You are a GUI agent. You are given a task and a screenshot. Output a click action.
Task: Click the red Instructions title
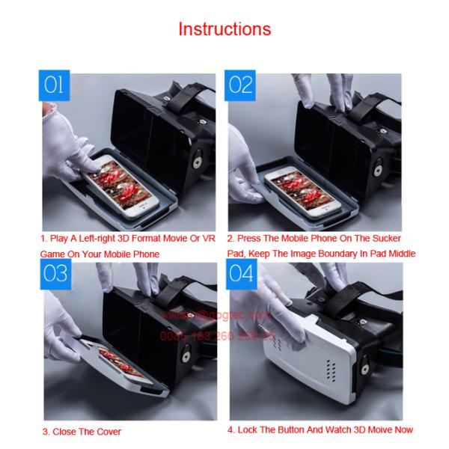click(224, 29)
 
